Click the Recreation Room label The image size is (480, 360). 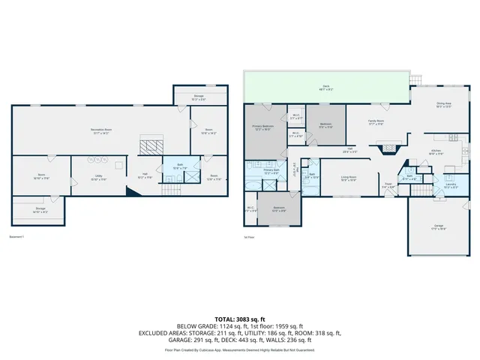tap(101, 131)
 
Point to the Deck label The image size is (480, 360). tap(326, 88)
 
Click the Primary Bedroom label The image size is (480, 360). tap(262, 127)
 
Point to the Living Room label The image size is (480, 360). tap(349, 178)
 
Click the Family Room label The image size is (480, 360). tap(376, 122)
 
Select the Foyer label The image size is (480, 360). tap(388, 185)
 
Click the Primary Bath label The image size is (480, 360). tap(271, 172)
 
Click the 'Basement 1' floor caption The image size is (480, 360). tap(17, 237)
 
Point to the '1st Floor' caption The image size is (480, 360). tap(250, 237)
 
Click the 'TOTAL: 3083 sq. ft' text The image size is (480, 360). tap(239, 319)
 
